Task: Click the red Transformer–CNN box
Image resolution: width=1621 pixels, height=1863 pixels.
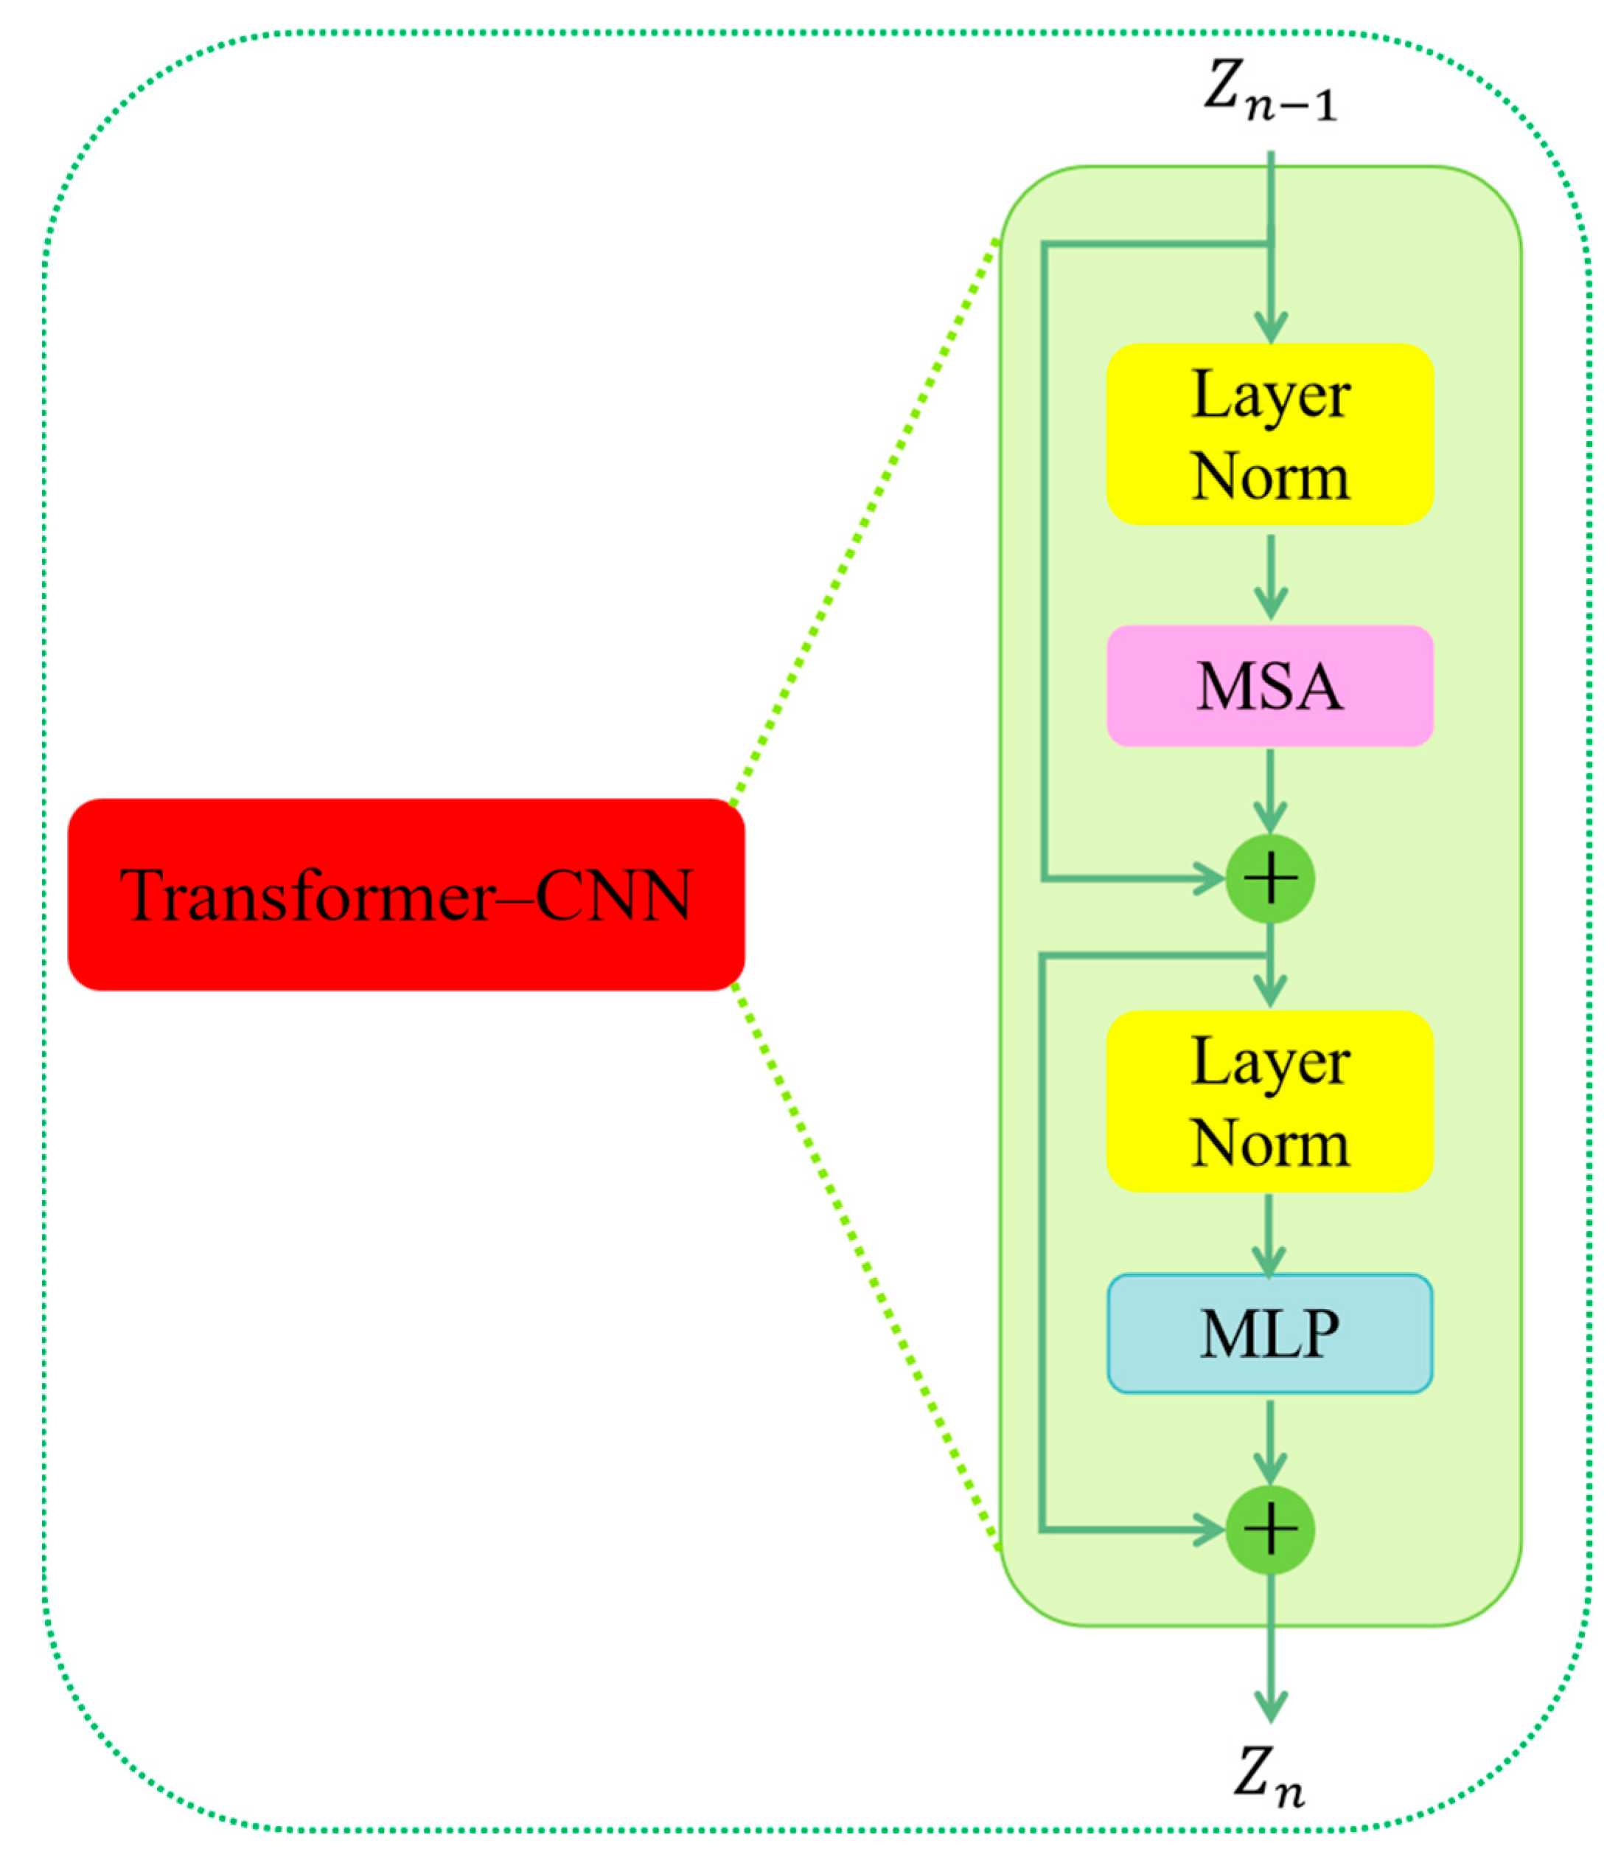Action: click(x=406, y=895)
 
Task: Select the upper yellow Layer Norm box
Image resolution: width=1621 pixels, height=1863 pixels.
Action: click(x=1270, y=434)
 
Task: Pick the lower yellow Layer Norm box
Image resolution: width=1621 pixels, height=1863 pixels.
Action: click(x=1270, y=1101)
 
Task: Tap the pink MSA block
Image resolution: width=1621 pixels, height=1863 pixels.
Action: click(x=1270, y=687)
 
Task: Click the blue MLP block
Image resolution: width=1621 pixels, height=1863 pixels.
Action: click(x=1270, y=1333)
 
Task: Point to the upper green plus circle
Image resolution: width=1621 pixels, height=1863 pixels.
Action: click(x=1270, y=878)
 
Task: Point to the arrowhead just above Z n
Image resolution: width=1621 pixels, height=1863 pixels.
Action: click(x=1270, y=1706)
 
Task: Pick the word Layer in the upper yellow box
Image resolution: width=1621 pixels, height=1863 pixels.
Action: click(x=1270, y=395)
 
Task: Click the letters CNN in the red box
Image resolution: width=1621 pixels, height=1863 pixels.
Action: click(x=614, y=896)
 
